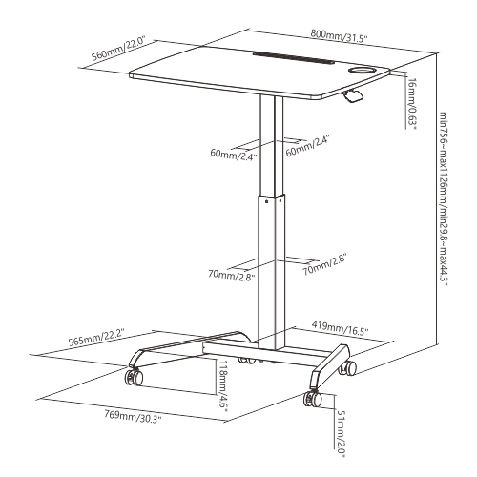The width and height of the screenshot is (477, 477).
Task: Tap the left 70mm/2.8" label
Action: click(x=231, y=275)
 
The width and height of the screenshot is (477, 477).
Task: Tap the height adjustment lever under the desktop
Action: click(x=354, y=95)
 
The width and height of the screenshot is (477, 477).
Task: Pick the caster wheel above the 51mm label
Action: click(x=312, y=400)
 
